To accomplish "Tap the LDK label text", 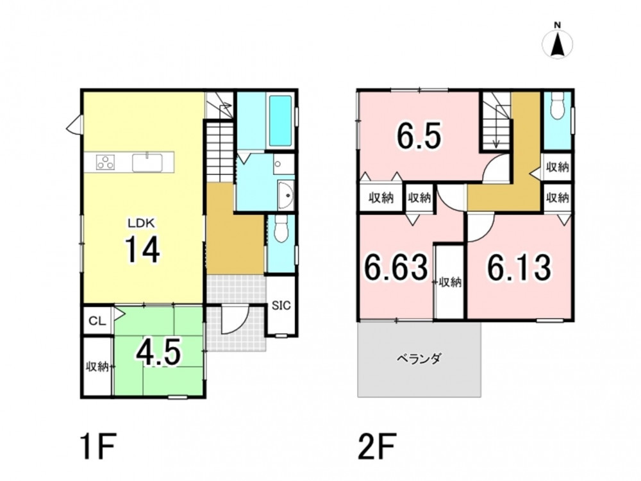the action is coord(141,223).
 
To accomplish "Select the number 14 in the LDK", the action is coord(142,249).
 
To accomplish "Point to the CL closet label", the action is coord(97,321).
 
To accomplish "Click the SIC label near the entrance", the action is coord(281,305).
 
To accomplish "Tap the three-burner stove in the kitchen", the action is coord(106,162).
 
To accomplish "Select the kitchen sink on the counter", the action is coord(147,162).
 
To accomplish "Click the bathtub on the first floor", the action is coord(281,121).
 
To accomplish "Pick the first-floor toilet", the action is coord(281,229).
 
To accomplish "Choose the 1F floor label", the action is coord(98,448).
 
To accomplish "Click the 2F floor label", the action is coord(377,448).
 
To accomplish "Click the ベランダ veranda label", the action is coord(419,359).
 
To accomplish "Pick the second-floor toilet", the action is coord(557,106).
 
